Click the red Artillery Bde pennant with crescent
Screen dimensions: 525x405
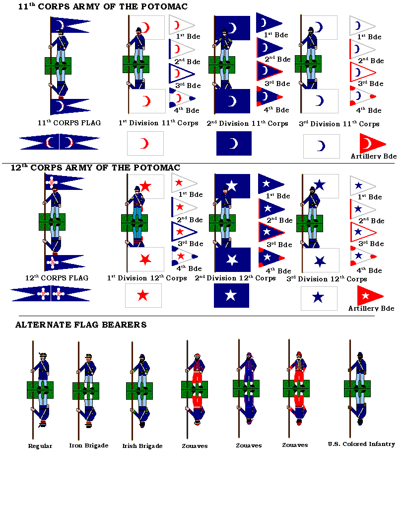(x=371, y=144)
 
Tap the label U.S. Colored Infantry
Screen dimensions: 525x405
(x=361, y=444)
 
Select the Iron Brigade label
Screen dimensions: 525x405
(x=88, y=445)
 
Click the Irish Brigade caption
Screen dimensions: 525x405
(x=142, y=446)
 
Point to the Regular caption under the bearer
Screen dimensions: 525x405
(x=40, y=446)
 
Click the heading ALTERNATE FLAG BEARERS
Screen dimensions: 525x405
(x=81, y=325)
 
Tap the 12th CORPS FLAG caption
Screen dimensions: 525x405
(x=57, y=278)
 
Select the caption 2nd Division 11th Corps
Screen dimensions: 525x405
(x=247, y=123)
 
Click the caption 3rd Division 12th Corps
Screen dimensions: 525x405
(x=327, y=279)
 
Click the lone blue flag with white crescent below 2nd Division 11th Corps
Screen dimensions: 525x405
(x=234, y=144)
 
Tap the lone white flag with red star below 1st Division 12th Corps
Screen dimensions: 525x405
(x=143, y=296)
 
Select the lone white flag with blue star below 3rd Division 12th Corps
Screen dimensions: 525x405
(x=319, y=298)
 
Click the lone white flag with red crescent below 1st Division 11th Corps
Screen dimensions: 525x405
(x=145, y=144)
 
